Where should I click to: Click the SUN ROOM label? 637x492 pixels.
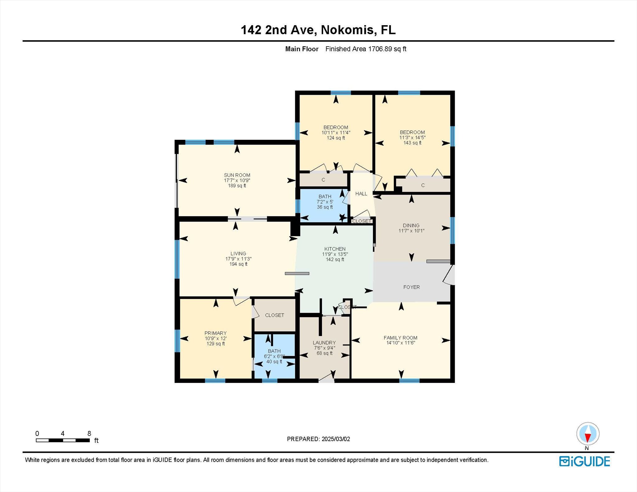point(237,175)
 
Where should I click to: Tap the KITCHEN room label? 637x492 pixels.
point(335,249)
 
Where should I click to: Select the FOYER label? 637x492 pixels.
point(411,287)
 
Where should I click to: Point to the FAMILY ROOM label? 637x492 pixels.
point(401,338)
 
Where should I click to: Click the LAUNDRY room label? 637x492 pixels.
point(324,343)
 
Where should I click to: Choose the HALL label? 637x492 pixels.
point(361,194)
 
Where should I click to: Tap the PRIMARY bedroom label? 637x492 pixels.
point(216,333)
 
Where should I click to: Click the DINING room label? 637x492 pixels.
point(411,225)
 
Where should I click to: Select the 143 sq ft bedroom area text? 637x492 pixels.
point(412,143)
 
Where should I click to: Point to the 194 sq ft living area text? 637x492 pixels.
point(239,264)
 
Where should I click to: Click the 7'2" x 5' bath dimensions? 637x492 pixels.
point(325,202)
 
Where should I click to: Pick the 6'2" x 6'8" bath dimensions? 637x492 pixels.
point(274,356)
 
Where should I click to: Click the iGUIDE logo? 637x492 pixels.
point(584,461)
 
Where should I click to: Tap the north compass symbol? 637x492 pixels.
point(588,434)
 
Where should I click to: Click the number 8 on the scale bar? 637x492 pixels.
point(89,433)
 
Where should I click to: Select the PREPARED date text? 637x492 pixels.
point(318,439)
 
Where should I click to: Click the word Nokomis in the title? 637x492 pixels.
point(347,30)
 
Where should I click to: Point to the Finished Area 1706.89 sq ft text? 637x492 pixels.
point(366,49)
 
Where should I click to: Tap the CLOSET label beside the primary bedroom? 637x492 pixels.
point(275,315)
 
